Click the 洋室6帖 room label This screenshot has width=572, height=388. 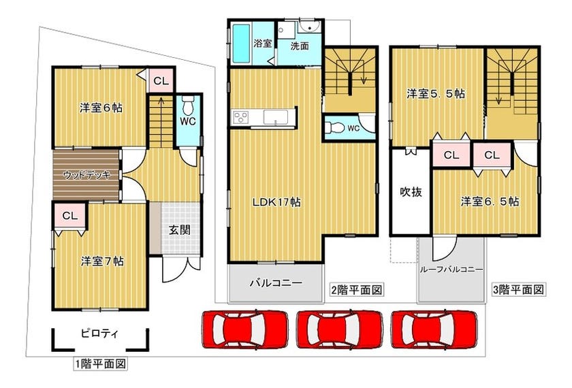(101, 108)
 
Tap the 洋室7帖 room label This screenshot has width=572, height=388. (102, 261)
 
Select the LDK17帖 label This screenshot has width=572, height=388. (277, 202)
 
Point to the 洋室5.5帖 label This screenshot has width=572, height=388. (436, 94)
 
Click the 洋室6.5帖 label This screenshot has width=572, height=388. (490, 201)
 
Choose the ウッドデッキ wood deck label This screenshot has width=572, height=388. (87, 175)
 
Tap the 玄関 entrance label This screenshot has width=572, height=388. (180, 230)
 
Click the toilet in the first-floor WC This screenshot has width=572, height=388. (188, 105)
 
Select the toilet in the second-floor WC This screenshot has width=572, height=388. (334, 127)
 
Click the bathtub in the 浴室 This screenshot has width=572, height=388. (241, 44)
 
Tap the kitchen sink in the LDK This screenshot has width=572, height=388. (275, 117)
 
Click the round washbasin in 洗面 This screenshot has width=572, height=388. (310, 27)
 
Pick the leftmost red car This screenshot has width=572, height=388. (245, 329)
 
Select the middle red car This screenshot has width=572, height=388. (340, 329)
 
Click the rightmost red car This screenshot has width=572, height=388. (434, 329)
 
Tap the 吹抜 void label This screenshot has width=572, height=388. (411, 192)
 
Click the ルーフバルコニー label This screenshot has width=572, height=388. (451, 270)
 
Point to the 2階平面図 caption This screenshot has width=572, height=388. (356, 290)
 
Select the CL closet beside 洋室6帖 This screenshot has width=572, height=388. (161, 80)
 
